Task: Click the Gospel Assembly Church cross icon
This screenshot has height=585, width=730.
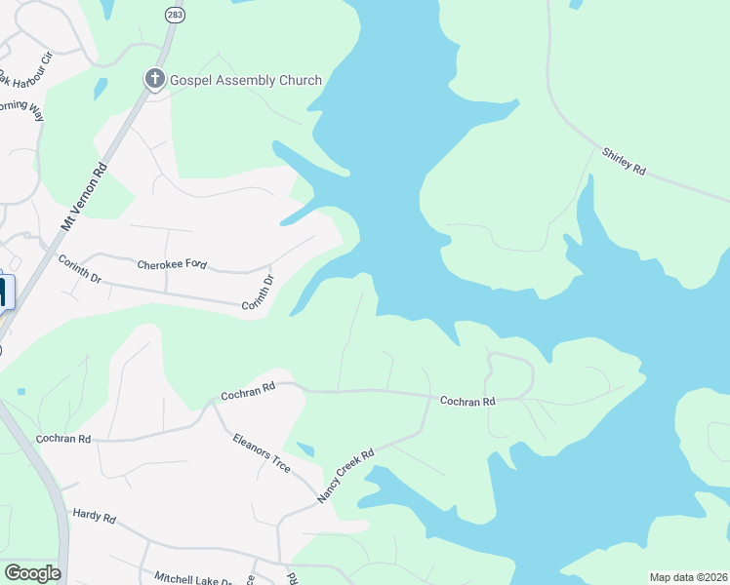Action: point(155,79)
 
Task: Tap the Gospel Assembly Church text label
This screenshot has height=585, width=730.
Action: point(244,80)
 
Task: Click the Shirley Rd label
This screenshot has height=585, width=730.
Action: point(625,161)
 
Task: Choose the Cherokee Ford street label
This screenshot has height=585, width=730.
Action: point(172,264)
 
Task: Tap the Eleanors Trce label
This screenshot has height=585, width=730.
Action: point(262,453)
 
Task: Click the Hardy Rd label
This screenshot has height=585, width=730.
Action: point(95,517)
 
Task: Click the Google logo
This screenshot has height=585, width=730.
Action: point(32,573)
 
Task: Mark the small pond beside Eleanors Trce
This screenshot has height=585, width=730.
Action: point(305,448)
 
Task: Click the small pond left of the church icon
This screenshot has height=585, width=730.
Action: point(101,88)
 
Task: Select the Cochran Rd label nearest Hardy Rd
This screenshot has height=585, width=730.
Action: point(63,439)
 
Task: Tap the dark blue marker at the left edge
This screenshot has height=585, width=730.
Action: point(4,293)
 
